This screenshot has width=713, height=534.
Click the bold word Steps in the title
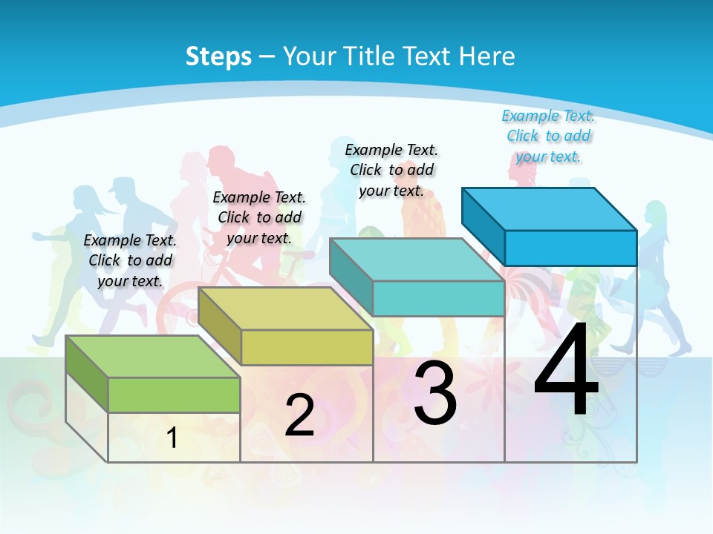218,56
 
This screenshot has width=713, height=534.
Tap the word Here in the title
487,56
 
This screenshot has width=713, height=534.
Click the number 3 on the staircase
435,393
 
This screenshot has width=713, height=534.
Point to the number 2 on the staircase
299,415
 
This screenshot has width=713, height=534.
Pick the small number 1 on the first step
172,438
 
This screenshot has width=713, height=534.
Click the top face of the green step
152,357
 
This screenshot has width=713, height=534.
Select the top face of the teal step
417,260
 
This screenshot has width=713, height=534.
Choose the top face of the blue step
550,209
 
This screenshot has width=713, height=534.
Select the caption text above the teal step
391,170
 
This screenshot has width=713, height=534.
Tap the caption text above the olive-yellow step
259,217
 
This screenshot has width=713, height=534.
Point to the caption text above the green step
130,260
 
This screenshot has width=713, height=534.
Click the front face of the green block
174,395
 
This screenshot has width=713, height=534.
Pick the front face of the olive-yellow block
307,347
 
